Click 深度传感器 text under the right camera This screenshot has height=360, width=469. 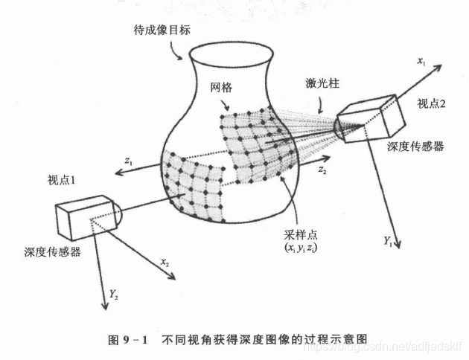415,147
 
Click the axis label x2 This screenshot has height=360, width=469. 165,263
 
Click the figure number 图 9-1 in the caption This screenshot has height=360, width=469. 130,339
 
